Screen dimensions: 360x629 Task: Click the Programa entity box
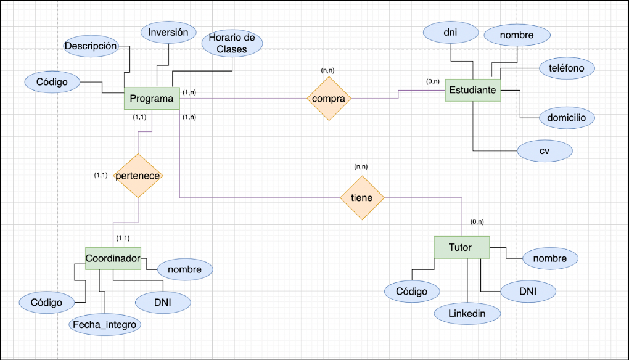pyautogui.click(x=152, y=99)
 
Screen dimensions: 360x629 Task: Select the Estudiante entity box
pyautogui.click(x=472, y=90)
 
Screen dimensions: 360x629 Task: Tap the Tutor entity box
pyautogui.click(x=461, y=247)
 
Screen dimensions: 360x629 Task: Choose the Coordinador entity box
pyautogui.click(x=112, y=258)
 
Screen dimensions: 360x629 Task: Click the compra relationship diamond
pyautogui.click(x=329, y=99)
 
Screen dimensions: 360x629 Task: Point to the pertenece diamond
pyautogui.click(x=138, y=176)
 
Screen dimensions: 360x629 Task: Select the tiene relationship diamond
pyautogui.click(x=362, y=198)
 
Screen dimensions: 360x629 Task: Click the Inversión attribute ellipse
pyautogui.click(x=168, y=33)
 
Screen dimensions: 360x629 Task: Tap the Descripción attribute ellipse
pyautogui.click(x=91, y=46)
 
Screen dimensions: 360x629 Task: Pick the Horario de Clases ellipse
pyautogui.click(x=232, y=43)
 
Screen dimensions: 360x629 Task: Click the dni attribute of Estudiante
pyautogui.click(x=450, y=32)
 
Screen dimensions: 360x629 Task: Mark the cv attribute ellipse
pyautogui.click(x=545, y=151)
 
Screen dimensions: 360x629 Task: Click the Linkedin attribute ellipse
pyautogui.click(x=467, y=313)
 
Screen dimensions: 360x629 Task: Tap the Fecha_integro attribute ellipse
pyautogui.click(x=104, y=324)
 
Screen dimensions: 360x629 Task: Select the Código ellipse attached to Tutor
pyautogui.click(x=411, y=291)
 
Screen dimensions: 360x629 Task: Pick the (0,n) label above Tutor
pyautogui.click(x=477, y=221)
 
